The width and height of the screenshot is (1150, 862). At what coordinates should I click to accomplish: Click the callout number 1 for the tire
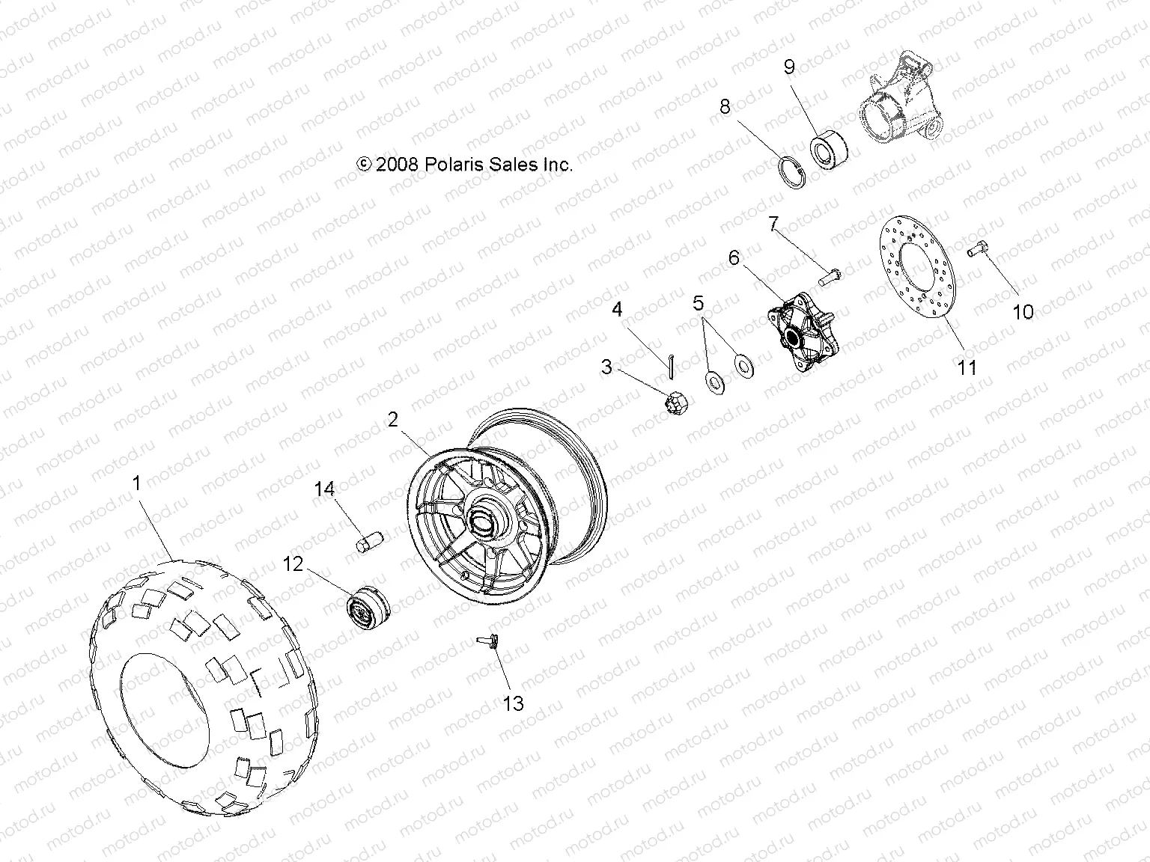tap(136, 484)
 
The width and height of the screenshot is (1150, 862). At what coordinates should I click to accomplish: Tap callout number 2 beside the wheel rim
tap(394, 420)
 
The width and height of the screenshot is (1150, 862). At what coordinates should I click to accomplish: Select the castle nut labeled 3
tap(669, 402)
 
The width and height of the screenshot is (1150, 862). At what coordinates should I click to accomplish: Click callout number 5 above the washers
tap(699, 303)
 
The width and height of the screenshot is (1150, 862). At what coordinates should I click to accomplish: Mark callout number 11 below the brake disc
tap(968, 367)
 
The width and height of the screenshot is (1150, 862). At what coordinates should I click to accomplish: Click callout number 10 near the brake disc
tap(1023, 311)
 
